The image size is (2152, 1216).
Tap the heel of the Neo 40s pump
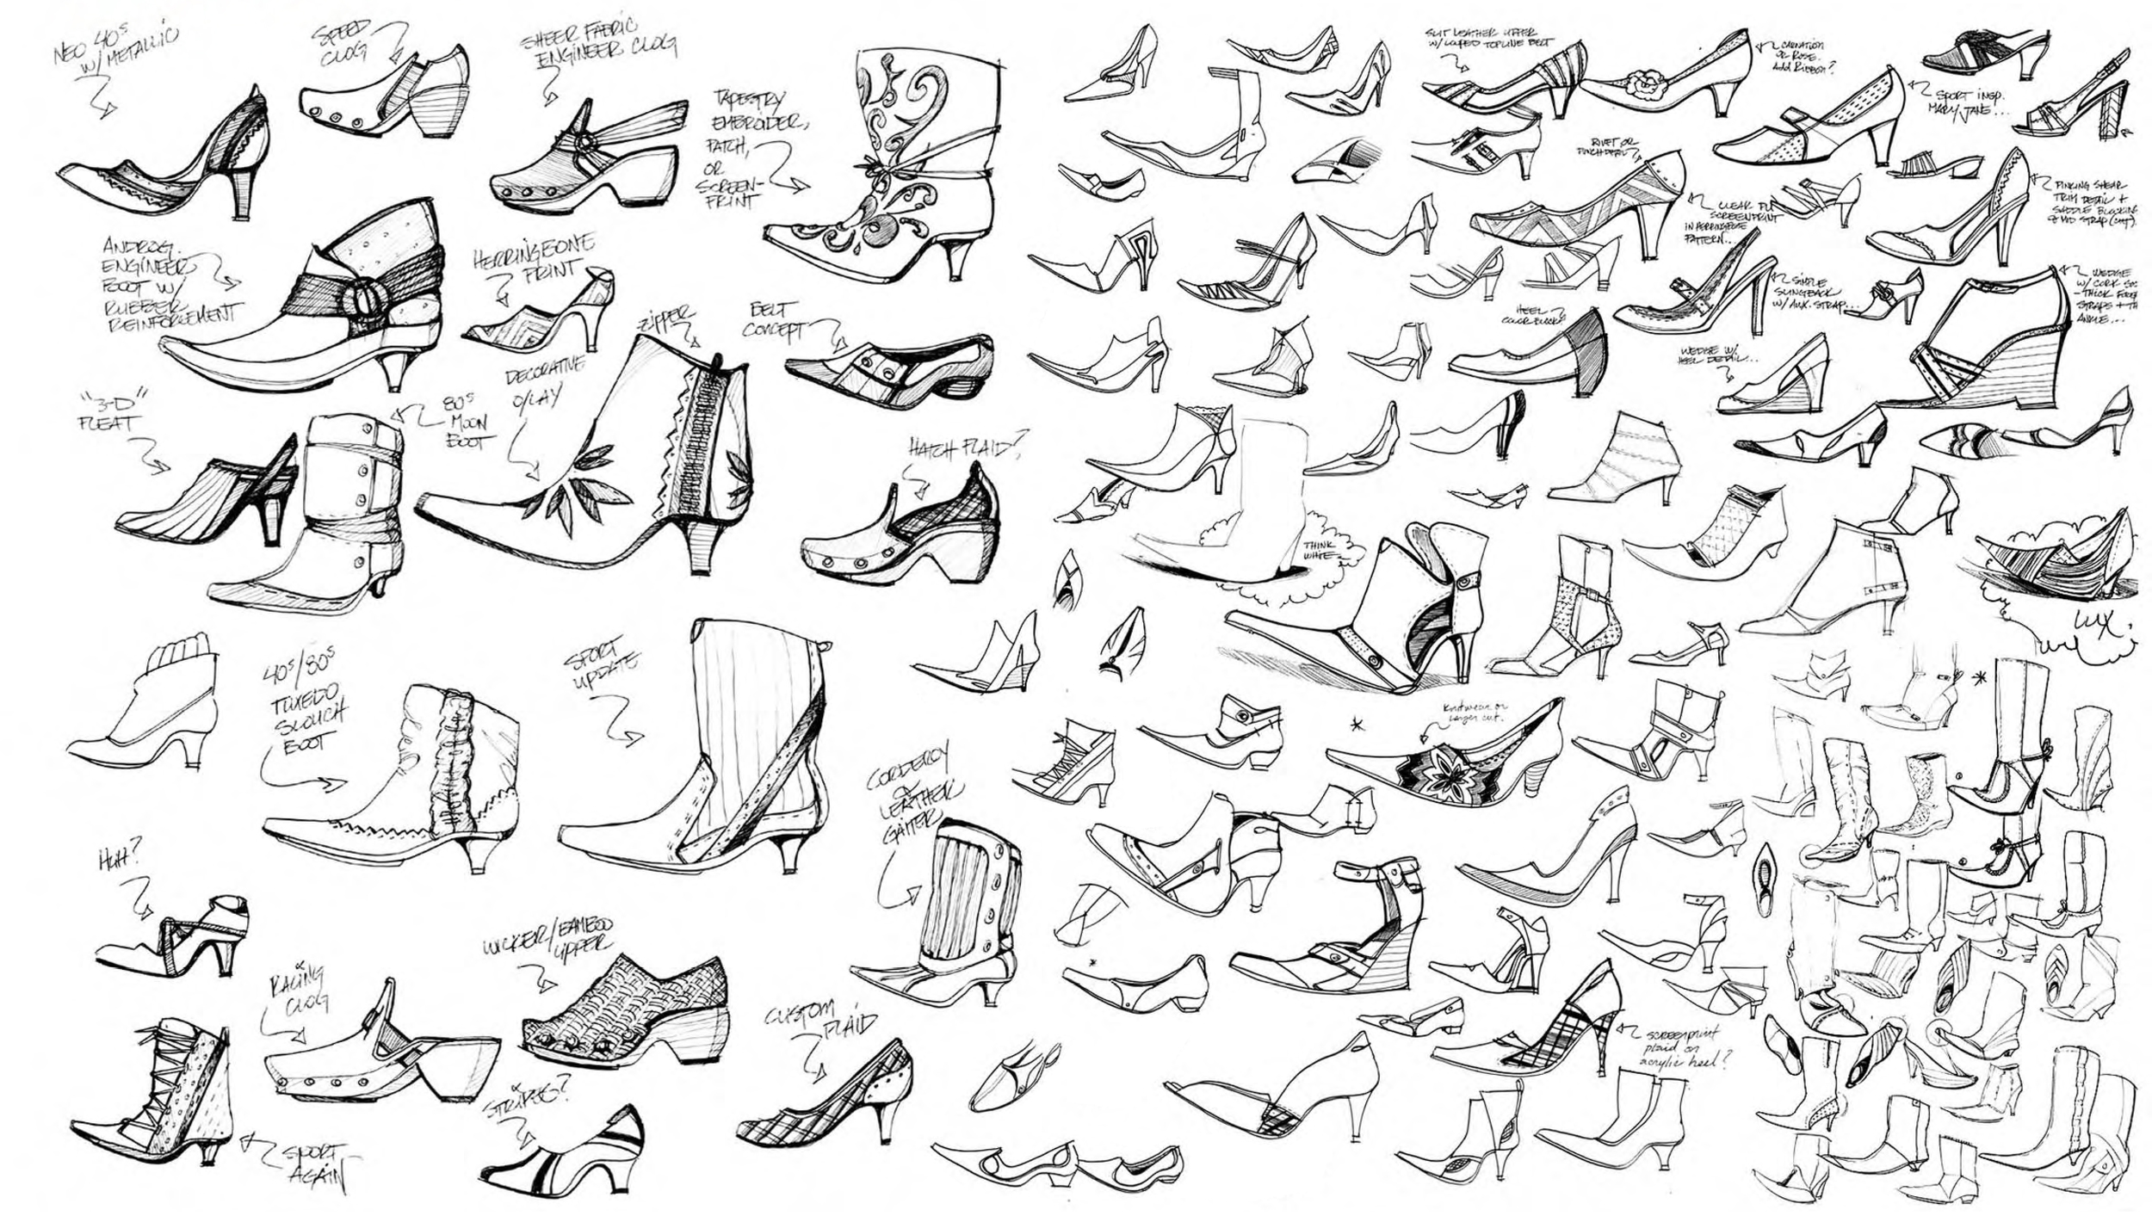click(244, 194)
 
